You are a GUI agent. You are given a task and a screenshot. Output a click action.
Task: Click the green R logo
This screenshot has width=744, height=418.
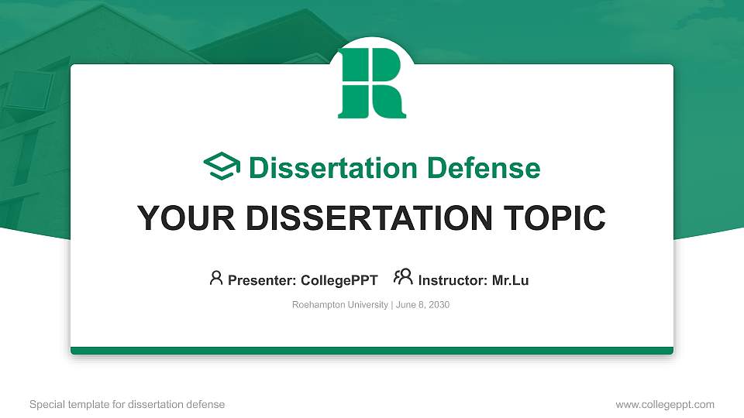click(x=371, y=83)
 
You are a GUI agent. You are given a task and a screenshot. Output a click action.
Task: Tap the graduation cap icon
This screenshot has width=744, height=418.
click(x=222, y=166)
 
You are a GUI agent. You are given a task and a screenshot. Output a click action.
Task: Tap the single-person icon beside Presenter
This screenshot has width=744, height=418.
click(x=216, y=278)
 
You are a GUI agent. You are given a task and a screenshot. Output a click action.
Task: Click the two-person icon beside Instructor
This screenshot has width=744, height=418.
click(x=403, y=277)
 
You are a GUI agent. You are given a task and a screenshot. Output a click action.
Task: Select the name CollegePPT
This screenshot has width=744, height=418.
click(x=339, y=280)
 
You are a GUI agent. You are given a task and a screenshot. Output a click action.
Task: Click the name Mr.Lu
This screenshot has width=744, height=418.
click(x=510, y=280)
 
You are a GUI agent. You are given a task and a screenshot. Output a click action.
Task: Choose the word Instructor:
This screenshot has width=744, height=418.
click(x=453, y=280)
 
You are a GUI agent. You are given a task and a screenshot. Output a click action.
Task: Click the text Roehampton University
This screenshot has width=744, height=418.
click(x=339, y=305)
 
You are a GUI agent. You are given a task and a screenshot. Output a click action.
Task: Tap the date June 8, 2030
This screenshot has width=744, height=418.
click(x=423, y=305)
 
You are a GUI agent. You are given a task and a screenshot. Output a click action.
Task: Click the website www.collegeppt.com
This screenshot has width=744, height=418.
click(x=664, y=404)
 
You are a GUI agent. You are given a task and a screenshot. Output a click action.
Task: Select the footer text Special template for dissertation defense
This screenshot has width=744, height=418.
click(x=126, y=404)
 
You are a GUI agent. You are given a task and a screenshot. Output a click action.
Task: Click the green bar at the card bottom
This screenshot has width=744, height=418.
click(x=371, y=351)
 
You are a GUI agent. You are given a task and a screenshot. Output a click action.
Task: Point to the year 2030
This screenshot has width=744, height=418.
click(x=438, y=305)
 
